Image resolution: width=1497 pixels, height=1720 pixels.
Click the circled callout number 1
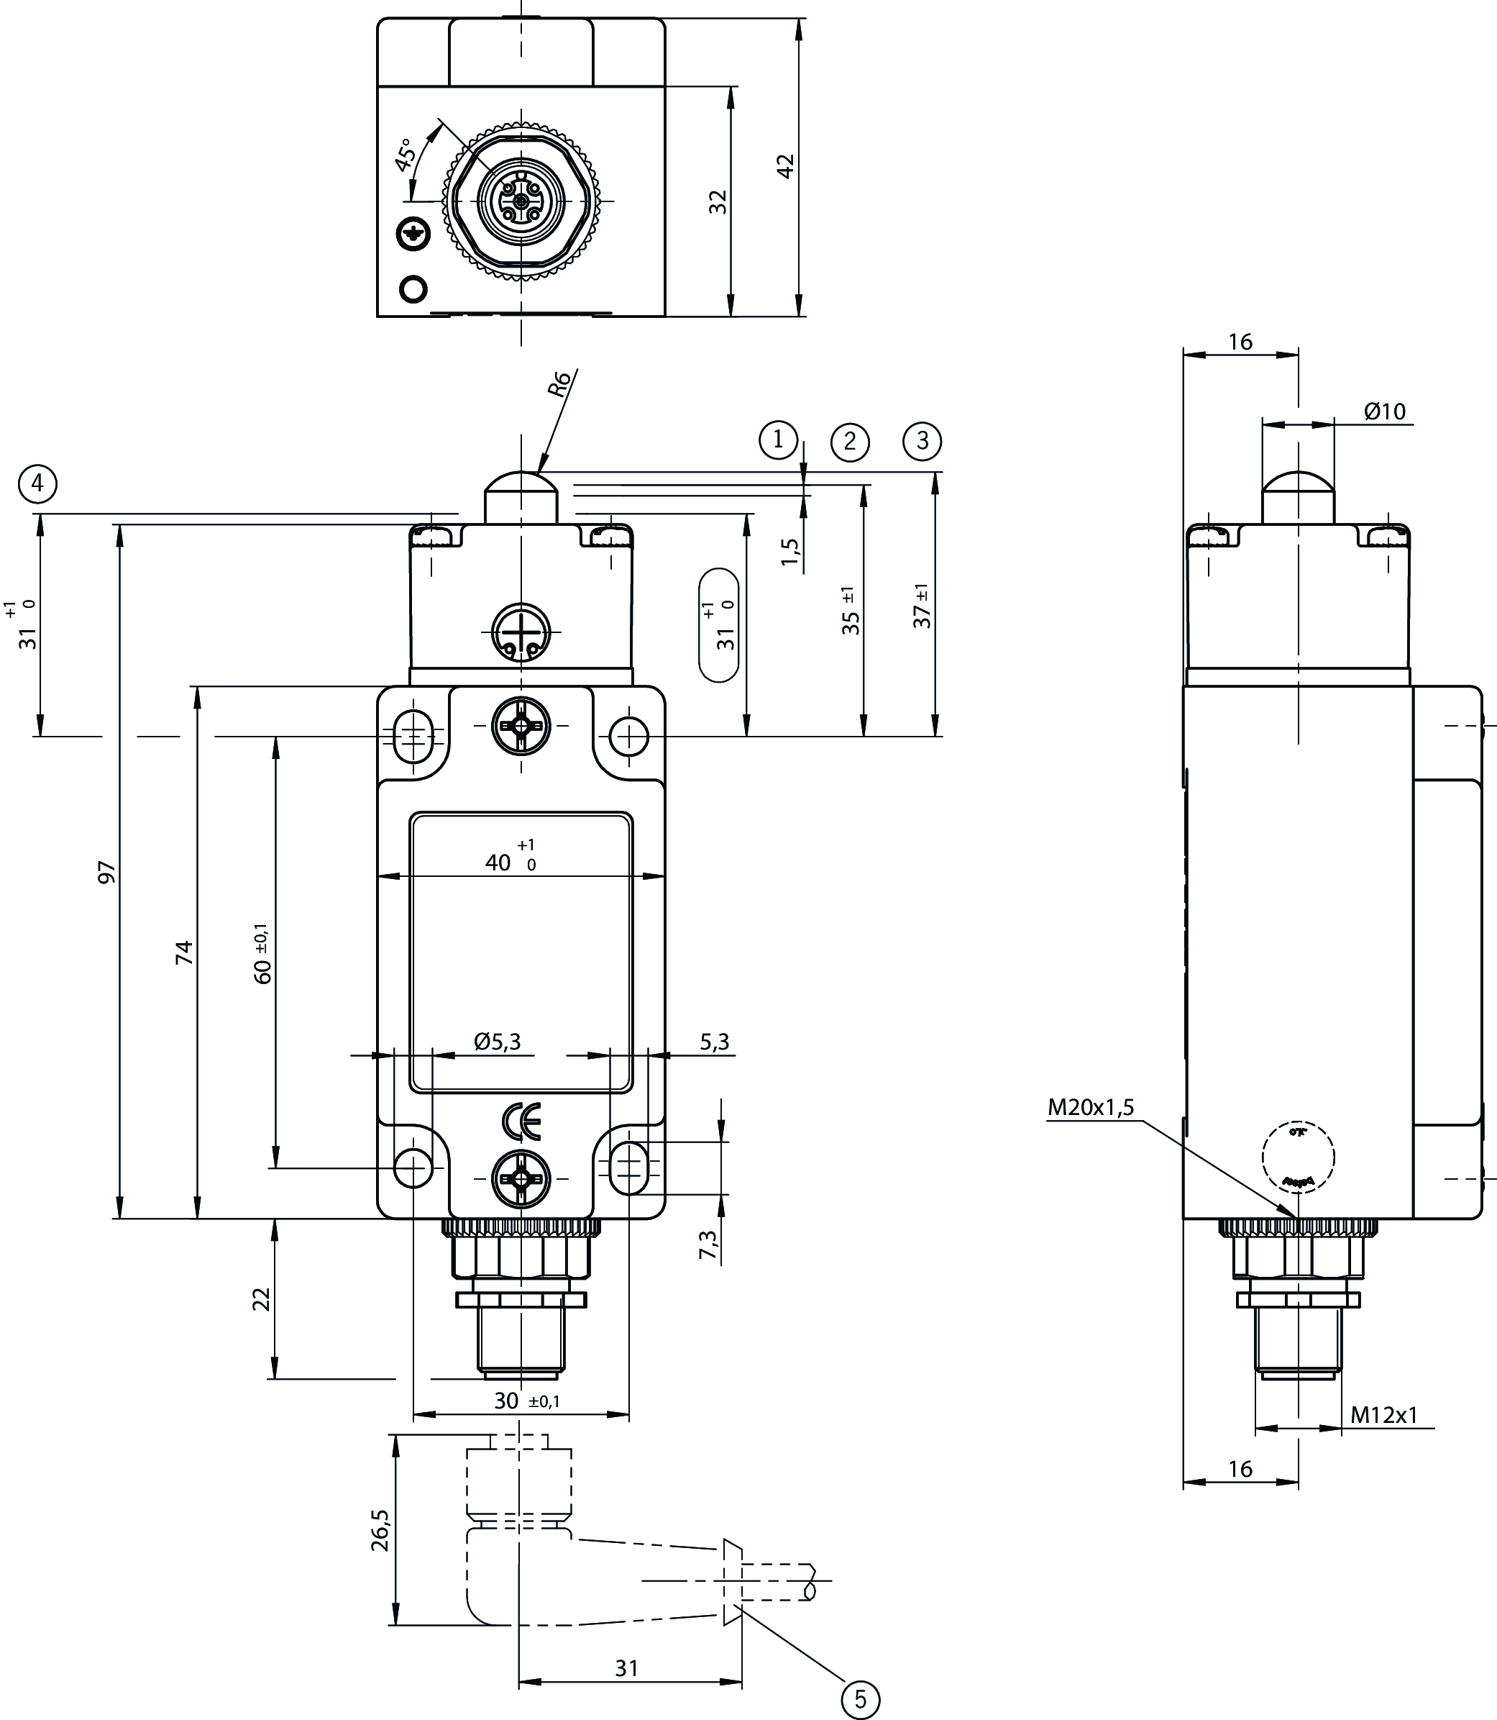pos(779,439)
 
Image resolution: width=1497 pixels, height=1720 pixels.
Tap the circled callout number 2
pos(851,441)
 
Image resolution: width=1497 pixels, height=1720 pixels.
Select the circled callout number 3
pos(923,440)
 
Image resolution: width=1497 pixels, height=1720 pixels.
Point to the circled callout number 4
pos(37,484)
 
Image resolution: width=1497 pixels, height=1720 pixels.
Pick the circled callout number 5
pos(861,1699)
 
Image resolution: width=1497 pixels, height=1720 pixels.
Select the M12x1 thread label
pos(1384,1415)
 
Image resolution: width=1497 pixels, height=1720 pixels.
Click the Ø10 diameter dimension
pos(1385,411)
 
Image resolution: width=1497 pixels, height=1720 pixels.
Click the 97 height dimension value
pos(107,872)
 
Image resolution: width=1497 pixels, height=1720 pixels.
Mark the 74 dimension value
pos(184,952)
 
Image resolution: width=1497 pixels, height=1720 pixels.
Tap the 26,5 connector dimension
pos(380,1530)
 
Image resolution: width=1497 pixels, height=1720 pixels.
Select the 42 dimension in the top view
pos(785,165)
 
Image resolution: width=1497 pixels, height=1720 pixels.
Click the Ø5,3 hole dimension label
pos(497,1042)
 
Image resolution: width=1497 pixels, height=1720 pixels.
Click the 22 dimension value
pos(262,1298)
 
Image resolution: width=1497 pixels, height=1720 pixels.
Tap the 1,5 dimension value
pos(790,552)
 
